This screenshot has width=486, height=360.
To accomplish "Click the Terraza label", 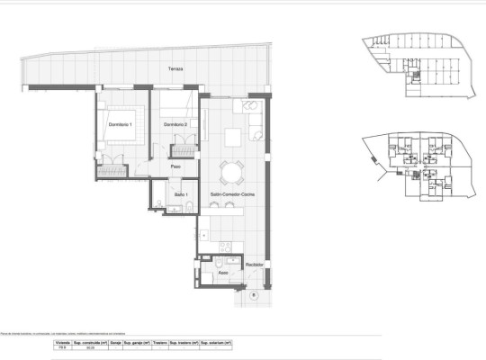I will pyautogui.click(x=175, y=69).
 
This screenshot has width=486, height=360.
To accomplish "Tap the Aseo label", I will pyautogui.click(x=222, y=270).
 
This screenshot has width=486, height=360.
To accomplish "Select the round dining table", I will pyautogui.click(x=233, y=171).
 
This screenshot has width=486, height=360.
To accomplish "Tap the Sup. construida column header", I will pyautogui.click(x=90, y=343).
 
